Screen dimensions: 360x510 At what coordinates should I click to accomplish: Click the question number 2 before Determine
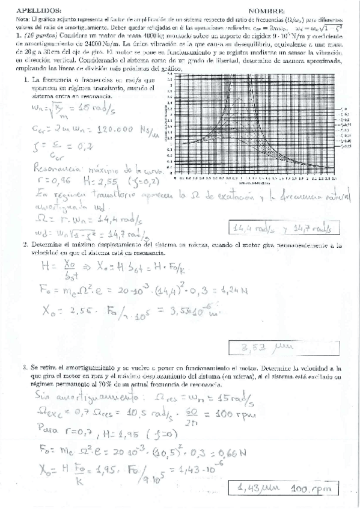(x=25, y=245)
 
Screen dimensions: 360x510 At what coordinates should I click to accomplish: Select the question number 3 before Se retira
(x=25, y=366)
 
